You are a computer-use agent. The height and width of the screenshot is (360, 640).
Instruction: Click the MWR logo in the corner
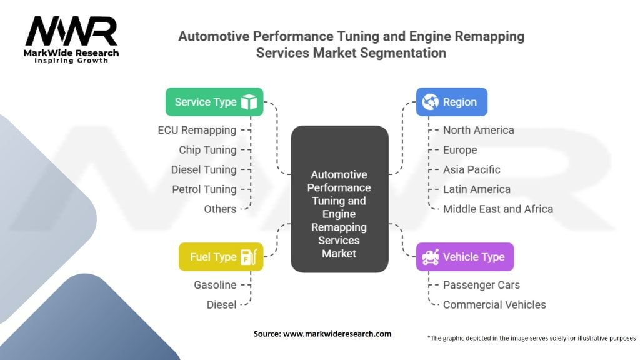(71, 37)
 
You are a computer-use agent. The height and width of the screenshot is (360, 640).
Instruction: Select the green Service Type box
(214, 102)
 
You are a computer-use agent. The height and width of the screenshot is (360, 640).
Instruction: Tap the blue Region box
(451, 102)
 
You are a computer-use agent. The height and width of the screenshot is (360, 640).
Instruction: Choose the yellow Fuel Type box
(221, 257)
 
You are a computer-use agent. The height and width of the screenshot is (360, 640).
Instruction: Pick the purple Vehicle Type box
(464, 257)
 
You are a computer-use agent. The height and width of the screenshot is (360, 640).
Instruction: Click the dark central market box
(339, 199)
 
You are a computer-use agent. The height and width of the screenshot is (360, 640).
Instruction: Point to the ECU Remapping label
(197, 130)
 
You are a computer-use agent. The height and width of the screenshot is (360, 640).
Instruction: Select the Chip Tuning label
(207, 150)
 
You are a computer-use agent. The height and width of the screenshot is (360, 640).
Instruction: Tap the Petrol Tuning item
(204, 189)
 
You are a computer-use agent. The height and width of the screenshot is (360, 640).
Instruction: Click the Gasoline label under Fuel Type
(215, 285)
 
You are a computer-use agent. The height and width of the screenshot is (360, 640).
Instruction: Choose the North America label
(478, 130)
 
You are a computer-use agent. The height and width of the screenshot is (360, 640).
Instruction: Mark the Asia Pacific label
(471, 169)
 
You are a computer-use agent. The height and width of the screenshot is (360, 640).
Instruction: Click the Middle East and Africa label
(497, 209)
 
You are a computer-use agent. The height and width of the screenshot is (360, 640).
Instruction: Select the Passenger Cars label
(481, 285)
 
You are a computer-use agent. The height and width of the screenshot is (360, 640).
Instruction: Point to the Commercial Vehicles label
(494, 305)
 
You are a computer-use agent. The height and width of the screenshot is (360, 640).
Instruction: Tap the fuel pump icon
(249, 257)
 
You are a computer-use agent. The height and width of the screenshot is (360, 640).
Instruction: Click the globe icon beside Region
(430, 102)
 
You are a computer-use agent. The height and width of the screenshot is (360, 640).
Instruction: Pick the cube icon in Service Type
(249, 102)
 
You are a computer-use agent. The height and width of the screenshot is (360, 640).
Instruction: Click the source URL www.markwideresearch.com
(337, 334)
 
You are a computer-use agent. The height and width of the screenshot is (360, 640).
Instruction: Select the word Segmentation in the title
(406, 52)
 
